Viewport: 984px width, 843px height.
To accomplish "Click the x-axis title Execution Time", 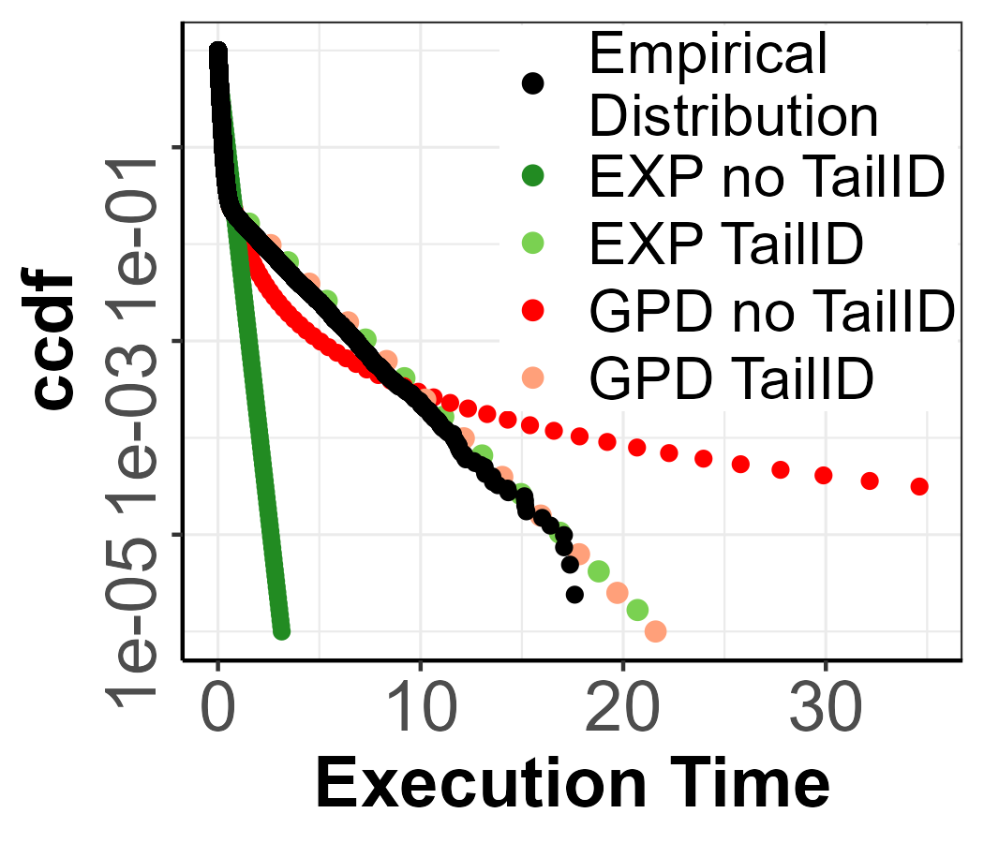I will tap(573, 784).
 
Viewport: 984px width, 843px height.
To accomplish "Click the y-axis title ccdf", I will tap(53, 341).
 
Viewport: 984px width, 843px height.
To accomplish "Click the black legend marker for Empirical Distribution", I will tap(533, 83).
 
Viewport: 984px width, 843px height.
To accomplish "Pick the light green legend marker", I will tap(533, 243).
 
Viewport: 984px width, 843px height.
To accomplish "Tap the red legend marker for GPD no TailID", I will tap(533, 310).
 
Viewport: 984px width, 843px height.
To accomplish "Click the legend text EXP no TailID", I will tap(764, 178).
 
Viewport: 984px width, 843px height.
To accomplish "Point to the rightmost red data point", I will tap(919, 486).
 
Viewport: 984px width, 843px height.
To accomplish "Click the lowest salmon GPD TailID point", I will tap(656, 631).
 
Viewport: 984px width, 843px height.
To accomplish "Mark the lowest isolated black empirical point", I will tap(574, 594).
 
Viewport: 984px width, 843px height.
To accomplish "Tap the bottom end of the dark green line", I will tap(281, 631).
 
